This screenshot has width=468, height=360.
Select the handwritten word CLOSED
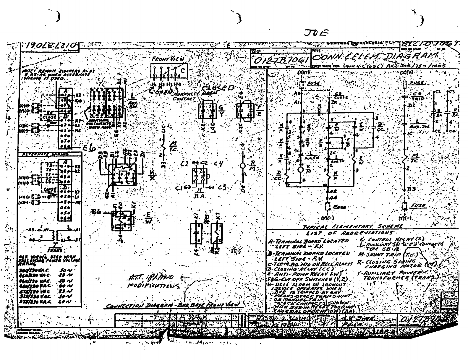click(x=218, y=88)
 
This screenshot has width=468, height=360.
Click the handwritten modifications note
click(x=150, y=281)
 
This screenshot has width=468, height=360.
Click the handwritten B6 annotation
click(x=96, y=212)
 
